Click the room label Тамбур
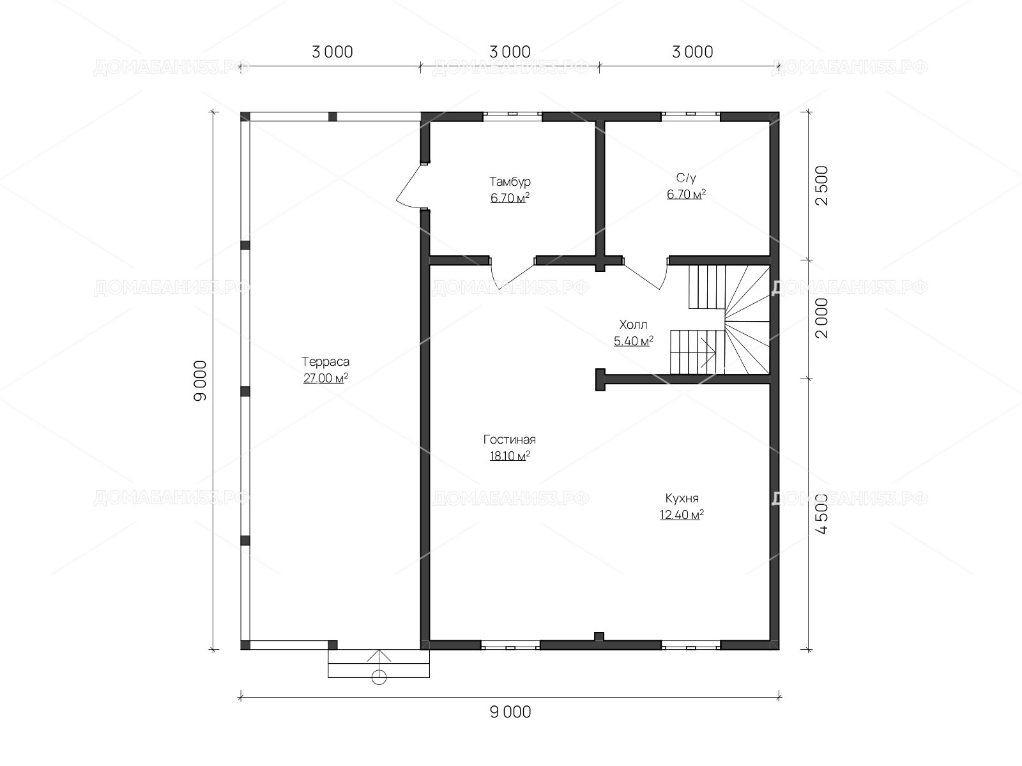pyautogui.click(x=510, y=181)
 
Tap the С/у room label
pyautogui.click(x=686, y=177)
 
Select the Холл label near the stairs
pyautogui.click(x=633, y=324)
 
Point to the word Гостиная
pyautogui.click(x=509, y=439)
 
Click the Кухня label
pyautogui.click(x=682, y=498)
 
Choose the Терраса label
pyautogui.click(x=325, y=361)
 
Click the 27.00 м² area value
pyautogui.click(x=326, y=378)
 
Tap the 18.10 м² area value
pyautogui.click(x=510, y=456)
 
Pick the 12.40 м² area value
pyautogui.click(x=682, y=514)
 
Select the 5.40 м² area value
pyautogui.click(x=633, y=341)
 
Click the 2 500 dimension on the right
pyautogui.click(x=823, y=186)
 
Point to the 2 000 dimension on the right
pyautogui.click(x=823, y=318)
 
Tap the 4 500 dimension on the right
pyautogui.click(x=823, y=513)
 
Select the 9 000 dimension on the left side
pyautogui.click(x=200, y=380)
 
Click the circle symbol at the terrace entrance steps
pyautogui.click(x=379, y=678)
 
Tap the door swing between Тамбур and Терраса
pyautogui.click(x=409, y=185)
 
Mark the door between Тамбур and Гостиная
pyautogui.click(x=512, y=274)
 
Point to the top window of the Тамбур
pyautogui.click(x=512, y=114)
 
